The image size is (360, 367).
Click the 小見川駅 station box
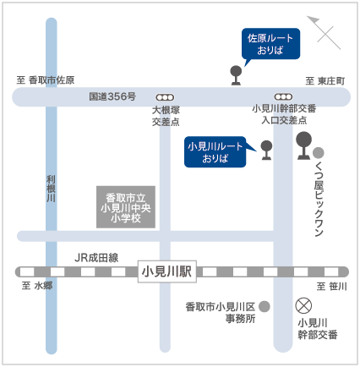pos(167,271)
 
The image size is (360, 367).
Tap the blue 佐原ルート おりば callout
pos(270,44)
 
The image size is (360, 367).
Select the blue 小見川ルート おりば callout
pos(215,152)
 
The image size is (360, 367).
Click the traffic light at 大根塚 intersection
pos(165,97)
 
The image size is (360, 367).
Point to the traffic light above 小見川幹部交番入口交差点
pos(283,97)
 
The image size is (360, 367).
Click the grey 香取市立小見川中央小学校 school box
pos(126,207)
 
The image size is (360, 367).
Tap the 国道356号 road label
pos(112,96)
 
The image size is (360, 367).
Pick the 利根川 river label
pos(51,189)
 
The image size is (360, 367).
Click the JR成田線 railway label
pos(96,258)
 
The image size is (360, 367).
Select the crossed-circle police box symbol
pos(303,305)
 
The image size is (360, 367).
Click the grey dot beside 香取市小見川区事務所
pos(265,306)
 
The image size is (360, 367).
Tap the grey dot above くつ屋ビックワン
pos(319,153)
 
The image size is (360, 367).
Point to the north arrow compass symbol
pos(324,32)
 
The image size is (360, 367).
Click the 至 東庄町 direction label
pos(325,81)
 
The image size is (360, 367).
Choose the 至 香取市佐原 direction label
pos(46,80)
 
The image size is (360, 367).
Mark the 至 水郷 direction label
pos(37,286)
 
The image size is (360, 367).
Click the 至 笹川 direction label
pos(331,287)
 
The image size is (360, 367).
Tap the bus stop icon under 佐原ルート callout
pos(236,75)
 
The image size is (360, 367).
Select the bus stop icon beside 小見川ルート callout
pos(266,151)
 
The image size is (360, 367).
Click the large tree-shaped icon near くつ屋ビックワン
pos(303,145)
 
